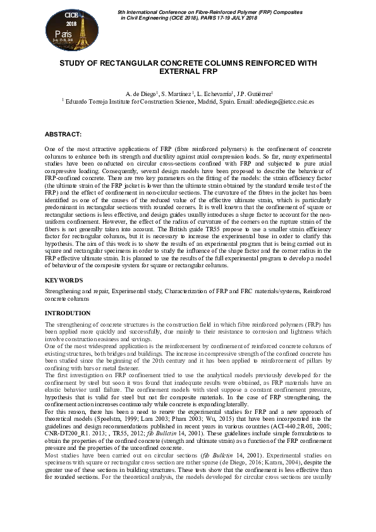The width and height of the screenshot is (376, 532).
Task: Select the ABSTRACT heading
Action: coord(63,135)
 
